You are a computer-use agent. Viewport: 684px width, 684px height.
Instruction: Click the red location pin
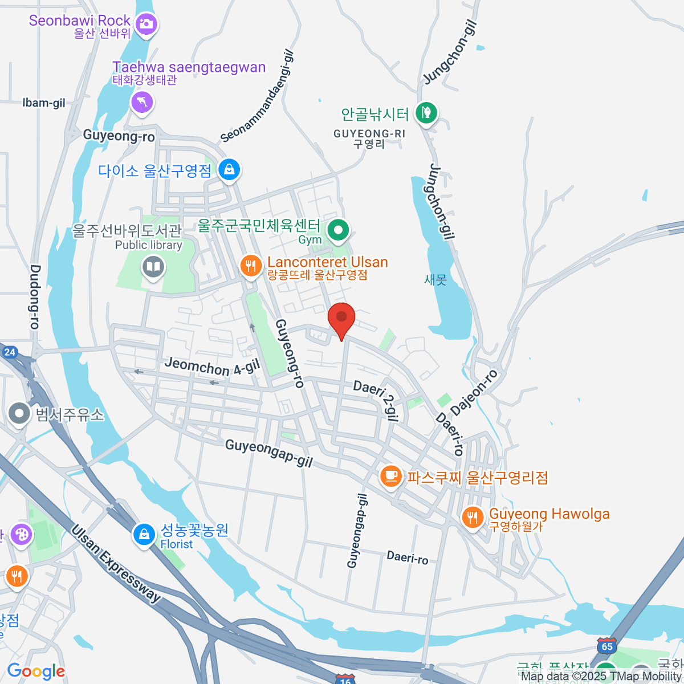(x=341, y=318)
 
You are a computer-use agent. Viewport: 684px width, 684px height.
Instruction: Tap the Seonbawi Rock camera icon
(x=146, y=23)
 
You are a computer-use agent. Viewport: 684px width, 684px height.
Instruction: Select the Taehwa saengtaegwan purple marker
(x=142, y=103)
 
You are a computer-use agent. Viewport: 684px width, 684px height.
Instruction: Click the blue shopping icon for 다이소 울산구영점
(x=229, y=170)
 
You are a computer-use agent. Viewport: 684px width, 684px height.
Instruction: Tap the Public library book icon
(x=153, y=266)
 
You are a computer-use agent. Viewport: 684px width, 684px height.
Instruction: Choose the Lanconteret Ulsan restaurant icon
(x=251, y=265)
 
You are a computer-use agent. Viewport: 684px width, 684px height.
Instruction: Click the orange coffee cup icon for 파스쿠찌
(x=391, y=475)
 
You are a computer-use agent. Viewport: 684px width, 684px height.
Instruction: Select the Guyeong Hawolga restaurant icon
(x=473, y=517)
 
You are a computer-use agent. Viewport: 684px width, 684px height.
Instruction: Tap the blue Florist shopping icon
(x=144, y=535)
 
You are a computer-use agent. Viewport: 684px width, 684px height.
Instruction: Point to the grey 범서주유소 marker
(x=20, y=414)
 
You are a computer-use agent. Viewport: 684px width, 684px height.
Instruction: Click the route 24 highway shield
(x=10, y=352)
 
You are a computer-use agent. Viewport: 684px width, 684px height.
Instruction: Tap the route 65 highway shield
(x=607, y=646)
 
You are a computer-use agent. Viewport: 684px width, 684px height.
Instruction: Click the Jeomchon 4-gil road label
(x=212, y=366)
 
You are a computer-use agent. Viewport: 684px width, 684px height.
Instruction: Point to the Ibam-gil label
(x=44, y=103)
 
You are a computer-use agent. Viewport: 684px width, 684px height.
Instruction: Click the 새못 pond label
(x=435, y=280)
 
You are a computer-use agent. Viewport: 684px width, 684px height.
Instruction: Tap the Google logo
(x=36, y=671)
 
